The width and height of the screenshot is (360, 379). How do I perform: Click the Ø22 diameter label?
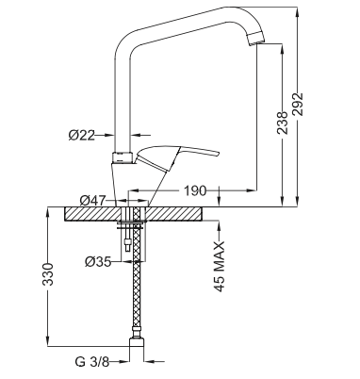click(x=82, y=135)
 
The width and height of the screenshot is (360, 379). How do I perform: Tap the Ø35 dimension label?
click(x=98, y=261)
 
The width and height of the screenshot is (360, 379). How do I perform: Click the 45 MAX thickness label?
click(x=220, y=268)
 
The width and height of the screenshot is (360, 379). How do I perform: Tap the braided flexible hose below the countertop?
click(x=137, y=292)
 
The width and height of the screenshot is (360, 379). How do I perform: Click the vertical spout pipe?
click(x=122, y=94)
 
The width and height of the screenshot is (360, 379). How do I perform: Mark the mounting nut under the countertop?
click(x=131, y=226)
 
